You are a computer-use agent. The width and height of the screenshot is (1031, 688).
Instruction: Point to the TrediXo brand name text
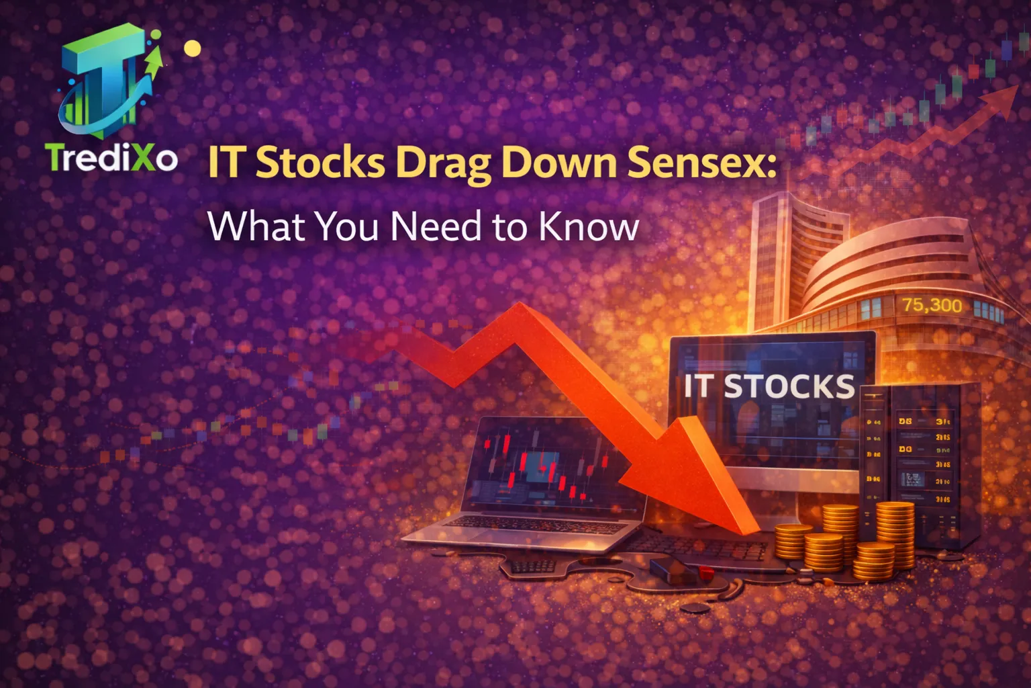click(x=111, y=158)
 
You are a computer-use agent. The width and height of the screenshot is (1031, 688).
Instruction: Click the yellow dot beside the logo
click(x=193, y=48)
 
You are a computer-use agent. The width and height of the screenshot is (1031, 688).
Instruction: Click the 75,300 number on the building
click(x=931, y=305)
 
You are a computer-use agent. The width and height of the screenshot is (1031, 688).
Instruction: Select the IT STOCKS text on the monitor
click(x=769, y=386)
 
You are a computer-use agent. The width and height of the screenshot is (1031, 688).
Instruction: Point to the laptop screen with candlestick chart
click(x=544, y=464)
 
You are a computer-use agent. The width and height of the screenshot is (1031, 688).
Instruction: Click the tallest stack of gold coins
click(x=895, y=531)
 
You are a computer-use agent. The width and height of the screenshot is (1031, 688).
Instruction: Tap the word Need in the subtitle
click(x=436, y=226)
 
